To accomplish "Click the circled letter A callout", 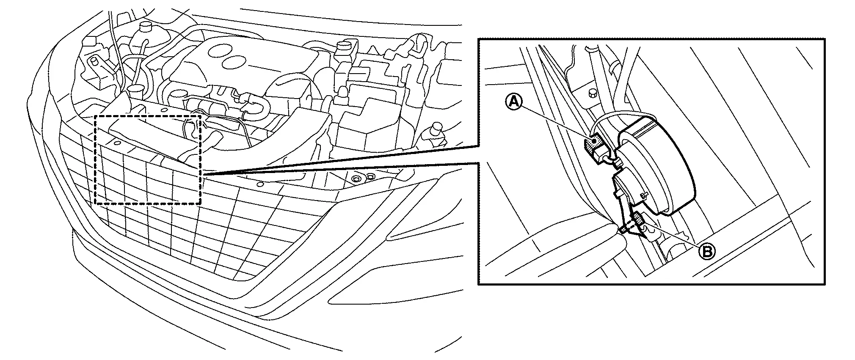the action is [x=513, y=102].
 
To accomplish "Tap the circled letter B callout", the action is [x=707, y=252].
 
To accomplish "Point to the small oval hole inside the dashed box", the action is [x=114, y=143].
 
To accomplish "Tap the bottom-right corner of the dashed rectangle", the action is [x=201, y=204].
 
